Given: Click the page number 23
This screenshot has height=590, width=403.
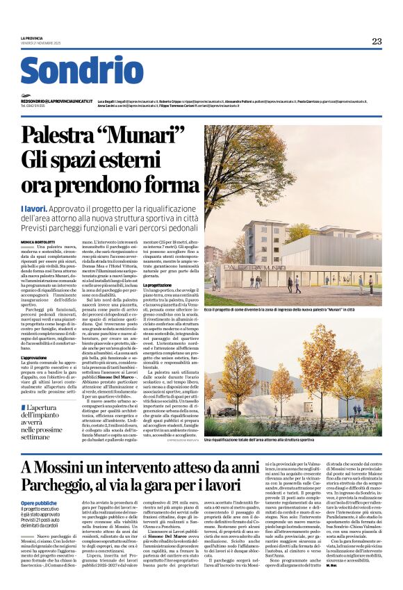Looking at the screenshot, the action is [377, 42].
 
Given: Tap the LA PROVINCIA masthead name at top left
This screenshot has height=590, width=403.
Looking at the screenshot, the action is [31, 38].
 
